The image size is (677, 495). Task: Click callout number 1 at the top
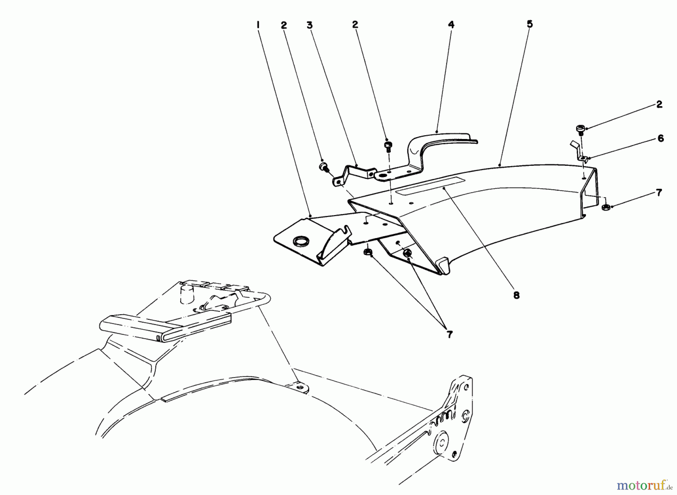click(258, 25)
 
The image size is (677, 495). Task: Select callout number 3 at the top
click(309, 25)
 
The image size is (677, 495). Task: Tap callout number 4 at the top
click(451, 25)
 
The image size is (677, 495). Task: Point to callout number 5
click(530, 24)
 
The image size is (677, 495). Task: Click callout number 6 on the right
click(660, 139)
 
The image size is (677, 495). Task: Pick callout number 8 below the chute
click(516, 295)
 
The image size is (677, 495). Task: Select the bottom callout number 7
click(449, 334)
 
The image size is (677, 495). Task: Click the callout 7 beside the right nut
click(659, 193)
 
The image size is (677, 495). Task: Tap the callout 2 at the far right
click(659, 104)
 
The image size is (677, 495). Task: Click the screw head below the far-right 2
click(580, 129)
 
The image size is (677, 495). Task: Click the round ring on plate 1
click(300, 240)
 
